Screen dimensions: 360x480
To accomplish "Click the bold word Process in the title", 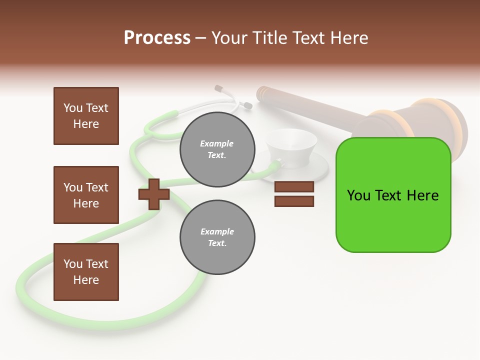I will [x=157, y=38].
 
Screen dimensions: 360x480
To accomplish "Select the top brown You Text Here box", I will [x=86, y=116].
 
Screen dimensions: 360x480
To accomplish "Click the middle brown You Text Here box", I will [x=86, y=195].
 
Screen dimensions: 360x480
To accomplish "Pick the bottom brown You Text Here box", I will [x=86, y=272].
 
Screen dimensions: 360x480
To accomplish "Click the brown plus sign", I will [x=154, y=194].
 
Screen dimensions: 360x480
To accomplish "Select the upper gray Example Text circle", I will [x=217, y=149].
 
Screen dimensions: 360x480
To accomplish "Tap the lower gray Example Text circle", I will [x=217, y=237].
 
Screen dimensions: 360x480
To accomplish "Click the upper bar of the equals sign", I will [x=294, y=187].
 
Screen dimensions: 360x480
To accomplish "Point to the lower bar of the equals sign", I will [x=294, y=201].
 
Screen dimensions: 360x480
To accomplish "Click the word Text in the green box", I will [x=391, y=195].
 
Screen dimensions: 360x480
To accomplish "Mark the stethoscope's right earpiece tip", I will [x=247, y=105].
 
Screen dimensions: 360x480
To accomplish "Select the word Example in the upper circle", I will [x=217, y=143].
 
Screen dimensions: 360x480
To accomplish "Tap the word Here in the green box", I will [x=422, y=195].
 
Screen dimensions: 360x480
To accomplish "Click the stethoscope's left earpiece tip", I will [x=218, y=88].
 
